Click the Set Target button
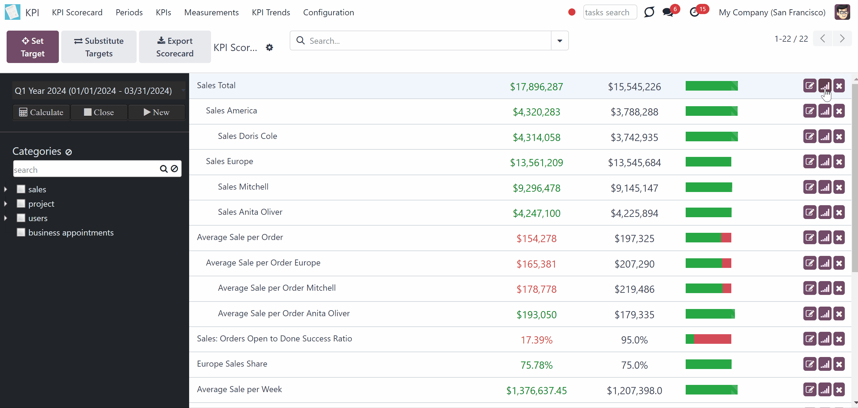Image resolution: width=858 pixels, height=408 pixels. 33,47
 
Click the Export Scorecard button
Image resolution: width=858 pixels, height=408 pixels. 175,47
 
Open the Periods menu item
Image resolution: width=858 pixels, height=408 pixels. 129,12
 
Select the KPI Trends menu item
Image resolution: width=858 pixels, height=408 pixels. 271,12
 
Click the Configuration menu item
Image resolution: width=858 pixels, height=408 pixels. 328,12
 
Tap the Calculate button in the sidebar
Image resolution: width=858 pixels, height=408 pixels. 41,112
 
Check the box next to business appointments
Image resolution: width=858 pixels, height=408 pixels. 21,232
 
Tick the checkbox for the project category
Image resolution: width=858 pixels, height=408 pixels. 21,203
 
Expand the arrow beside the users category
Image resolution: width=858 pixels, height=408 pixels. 5,218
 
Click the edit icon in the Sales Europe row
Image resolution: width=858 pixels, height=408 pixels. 810,162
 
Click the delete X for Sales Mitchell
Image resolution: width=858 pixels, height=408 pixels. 839,187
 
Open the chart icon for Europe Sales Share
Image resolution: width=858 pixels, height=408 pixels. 825,364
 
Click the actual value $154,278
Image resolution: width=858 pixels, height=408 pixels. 536,238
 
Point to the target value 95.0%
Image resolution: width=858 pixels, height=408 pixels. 634,340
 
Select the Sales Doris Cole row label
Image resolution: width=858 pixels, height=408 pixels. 247,136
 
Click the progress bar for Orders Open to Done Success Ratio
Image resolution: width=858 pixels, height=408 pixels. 708,339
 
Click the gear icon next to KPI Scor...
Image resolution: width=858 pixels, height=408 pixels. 270,48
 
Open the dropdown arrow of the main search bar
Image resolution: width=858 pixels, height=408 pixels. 560,41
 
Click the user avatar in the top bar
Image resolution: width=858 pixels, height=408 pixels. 842,12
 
